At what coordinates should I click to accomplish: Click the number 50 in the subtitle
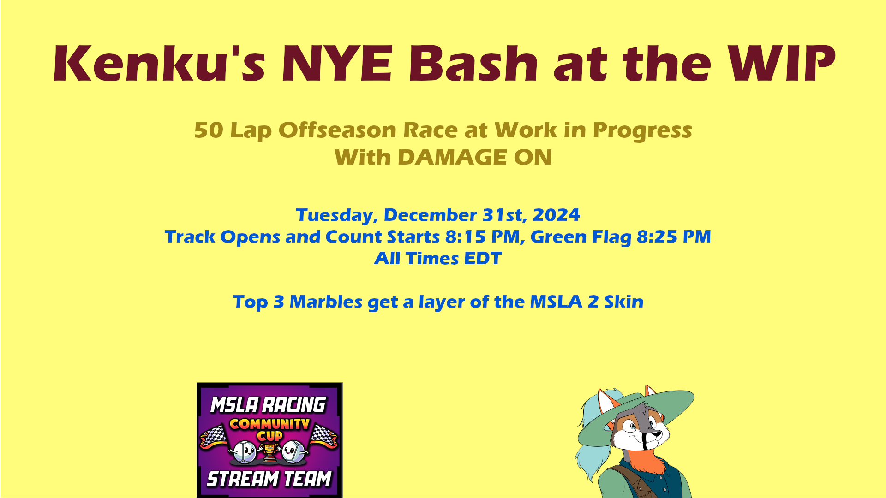pos(209,130)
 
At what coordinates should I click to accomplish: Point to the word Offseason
pos(337,130)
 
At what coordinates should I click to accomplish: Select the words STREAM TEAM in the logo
pos(269,479)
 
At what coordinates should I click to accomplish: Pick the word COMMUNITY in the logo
pos(269,424)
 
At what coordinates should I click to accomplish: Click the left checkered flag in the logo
pos(213,437)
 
